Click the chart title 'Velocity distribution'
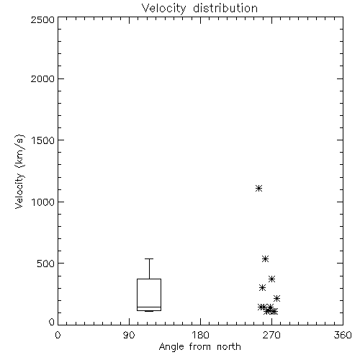199,9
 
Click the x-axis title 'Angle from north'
199,347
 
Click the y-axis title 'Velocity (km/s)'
19,172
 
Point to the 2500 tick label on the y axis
42,19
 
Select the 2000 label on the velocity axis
42,78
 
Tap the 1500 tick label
43,140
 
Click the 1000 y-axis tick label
43,202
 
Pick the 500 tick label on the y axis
46,264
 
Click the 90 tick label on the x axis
129,335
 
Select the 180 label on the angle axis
200,335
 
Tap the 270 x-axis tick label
271,335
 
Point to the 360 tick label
343,335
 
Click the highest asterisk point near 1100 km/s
258,188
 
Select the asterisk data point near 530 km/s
265,258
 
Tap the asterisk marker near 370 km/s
271,279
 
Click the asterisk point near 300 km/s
262,287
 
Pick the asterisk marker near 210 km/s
277,298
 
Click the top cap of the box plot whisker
149,258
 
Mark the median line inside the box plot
149,307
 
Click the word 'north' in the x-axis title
229,347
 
